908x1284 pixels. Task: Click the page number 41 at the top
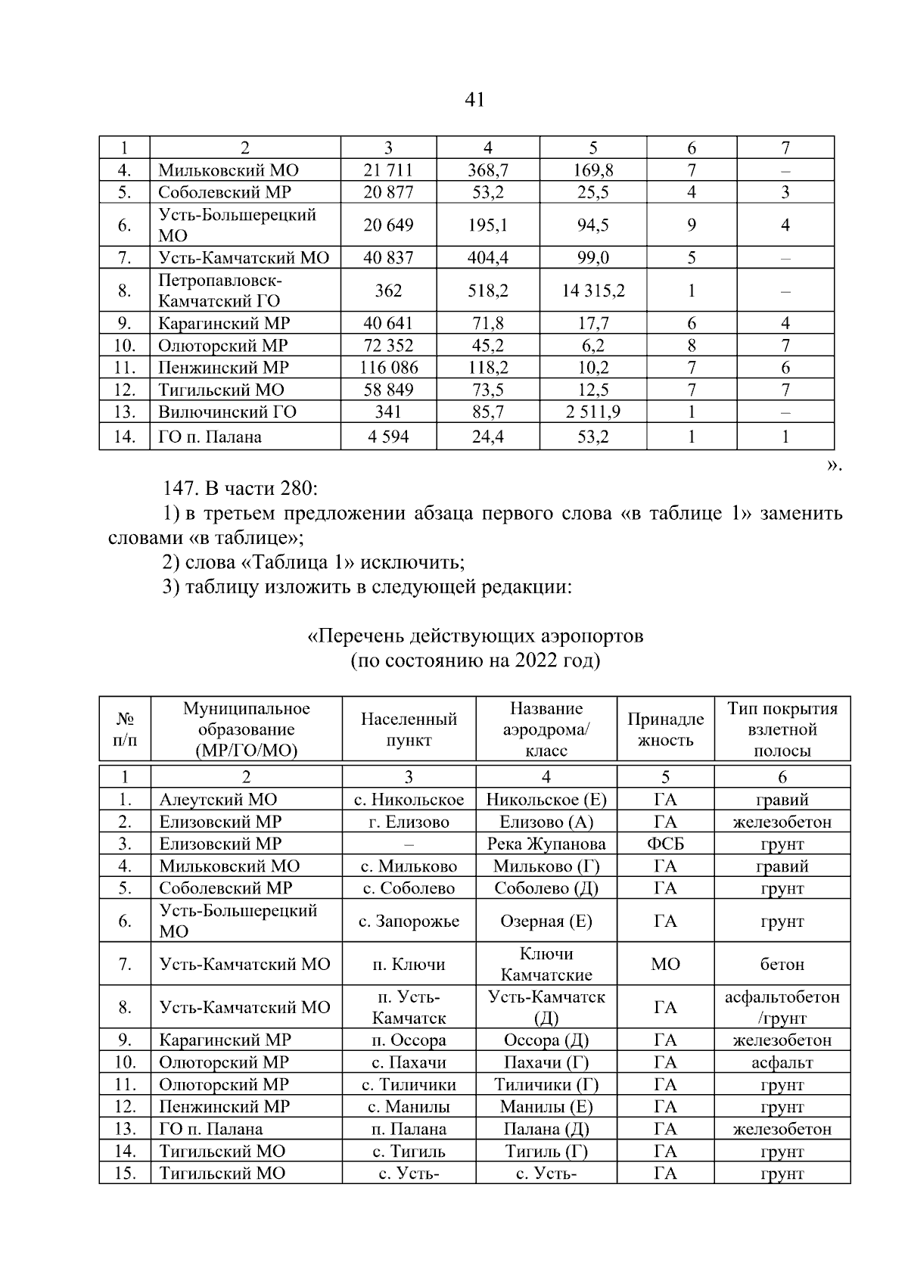pyautogui.click(x=474, y=100)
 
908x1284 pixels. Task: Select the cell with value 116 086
pyautogui.click(x=388, y=368)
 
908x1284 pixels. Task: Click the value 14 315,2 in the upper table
pyautogui.click(x=592, y=291)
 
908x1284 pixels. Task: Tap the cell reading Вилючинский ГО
pyautogui.click(x=227, y=412)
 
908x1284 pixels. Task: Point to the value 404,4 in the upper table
pyautogui.click(x=487, y=258)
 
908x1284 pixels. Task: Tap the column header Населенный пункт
pyautogui.click(x=409, y=729)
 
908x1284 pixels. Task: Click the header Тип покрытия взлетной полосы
pyautogui.click(x=782, y=729)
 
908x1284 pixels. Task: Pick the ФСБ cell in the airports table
pyautogui.click(x=665, y=844)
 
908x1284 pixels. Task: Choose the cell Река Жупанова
pyautogui.click(x=546, y=844)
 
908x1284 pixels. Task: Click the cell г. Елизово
pyautogui.click(x=409, y=822)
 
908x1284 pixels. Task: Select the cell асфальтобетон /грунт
pyautogui.click(x=782, y=1007)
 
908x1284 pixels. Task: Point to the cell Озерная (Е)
pyautogui.click(x=546, y=921)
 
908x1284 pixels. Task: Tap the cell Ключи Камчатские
pyautogui.click(x=546, y=964)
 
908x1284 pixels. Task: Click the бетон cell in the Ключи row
pyautogui.click(x=782, y=964)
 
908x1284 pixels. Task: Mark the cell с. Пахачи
pyautogui.click(x=409, y=1062)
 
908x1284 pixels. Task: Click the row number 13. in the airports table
pyautogui.click(x=125, y=1129)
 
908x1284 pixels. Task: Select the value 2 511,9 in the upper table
pyautogui.click(x=592, y=412)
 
